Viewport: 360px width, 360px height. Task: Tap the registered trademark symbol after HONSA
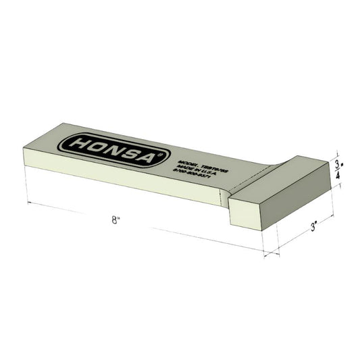click(x=158, y=153)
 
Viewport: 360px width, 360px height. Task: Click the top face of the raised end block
click(x=284, y=176)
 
